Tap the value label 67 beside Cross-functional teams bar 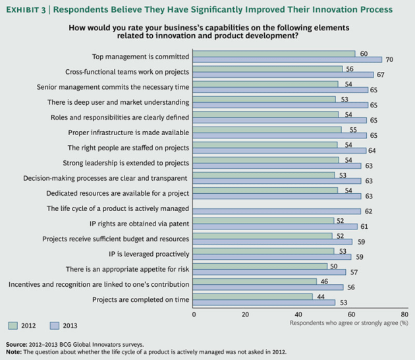tap(380, 75)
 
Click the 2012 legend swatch tap(13, 324)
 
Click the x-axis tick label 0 tap(194, 314)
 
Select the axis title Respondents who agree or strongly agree tap(348, 322)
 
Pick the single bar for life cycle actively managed tap(277, 211)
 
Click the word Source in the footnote tap(16, 344)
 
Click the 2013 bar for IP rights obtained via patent tap(275, 226)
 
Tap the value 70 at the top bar tap(389, 59)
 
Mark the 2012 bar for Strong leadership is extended tap(266, 160)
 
